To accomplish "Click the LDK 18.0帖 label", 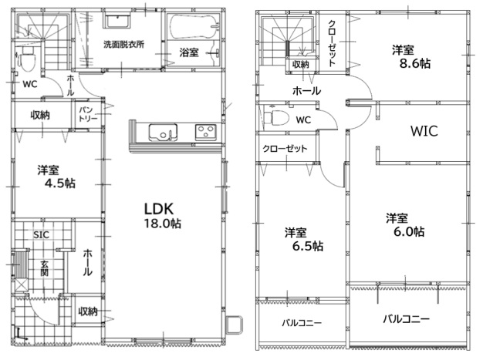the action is (163, 216).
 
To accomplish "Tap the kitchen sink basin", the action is (163, 133).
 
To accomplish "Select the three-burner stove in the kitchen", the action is (205, 133).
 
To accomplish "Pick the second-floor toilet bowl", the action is (276, 118).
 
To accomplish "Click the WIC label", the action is (424, 131).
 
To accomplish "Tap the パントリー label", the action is (88, 114).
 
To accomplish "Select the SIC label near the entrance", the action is (41, 235).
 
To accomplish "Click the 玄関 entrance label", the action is (44, 268).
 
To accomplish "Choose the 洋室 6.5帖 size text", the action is (308, 246).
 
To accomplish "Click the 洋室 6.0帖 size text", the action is (409, 231).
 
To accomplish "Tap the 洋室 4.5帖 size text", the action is (59, 183).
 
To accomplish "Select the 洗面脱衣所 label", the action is (123, 44).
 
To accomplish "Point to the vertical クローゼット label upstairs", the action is (332, 43).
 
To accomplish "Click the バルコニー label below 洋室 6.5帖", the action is (302, 323).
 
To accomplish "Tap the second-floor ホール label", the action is (306, 91).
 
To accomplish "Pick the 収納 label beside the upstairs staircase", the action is (301, 64).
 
